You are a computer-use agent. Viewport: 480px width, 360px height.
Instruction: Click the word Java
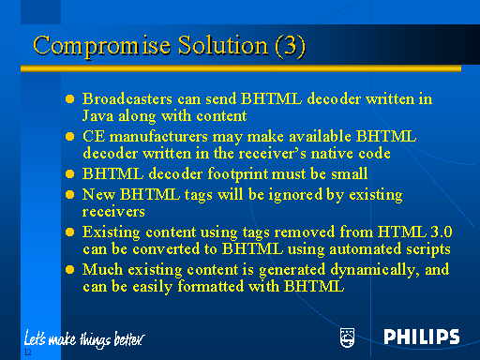point(99,116)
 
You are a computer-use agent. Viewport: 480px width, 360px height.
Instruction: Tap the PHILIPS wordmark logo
point(421,337)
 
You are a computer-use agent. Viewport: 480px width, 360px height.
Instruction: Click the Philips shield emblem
point(348,337)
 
